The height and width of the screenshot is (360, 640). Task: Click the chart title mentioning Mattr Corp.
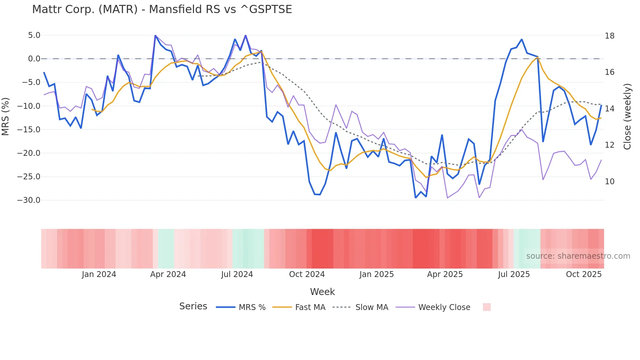(162, 9)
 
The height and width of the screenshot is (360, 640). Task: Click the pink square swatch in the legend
(487, 307)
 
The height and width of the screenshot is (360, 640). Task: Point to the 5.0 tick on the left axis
(34, 35)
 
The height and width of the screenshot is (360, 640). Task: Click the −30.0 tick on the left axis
(29, 200)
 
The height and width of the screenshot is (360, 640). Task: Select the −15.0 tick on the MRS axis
(29, 130)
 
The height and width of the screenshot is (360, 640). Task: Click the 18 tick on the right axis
(609, 36)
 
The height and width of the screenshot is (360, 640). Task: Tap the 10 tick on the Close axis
(609, 182)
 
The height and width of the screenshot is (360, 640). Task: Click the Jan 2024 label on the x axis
(99, 274)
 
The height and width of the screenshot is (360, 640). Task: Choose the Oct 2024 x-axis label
(307, 274)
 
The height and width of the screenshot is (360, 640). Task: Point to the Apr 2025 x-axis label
(445, 274)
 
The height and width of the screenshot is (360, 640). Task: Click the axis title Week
(322, 292)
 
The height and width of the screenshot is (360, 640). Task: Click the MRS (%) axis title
(6, 117)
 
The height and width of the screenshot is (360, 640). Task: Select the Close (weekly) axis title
(627, 117)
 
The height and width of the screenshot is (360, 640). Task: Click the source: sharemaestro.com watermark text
(578, 256)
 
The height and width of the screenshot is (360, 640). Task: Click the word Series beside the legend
(193, 306)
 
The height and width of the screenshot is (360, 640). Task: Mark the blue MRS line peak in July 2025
(521, 40)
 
